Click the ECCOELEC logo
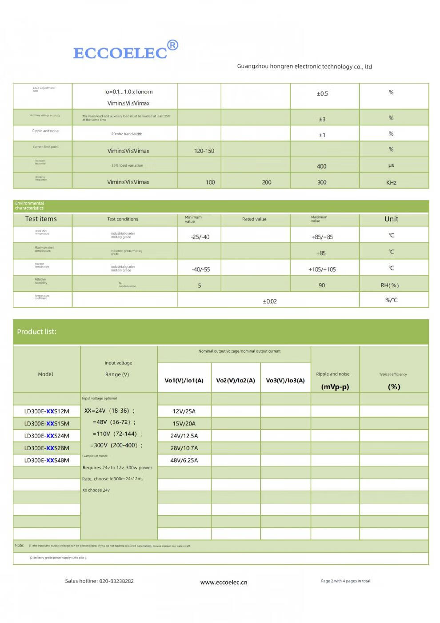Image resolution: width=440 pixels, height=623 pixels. coord(120,53)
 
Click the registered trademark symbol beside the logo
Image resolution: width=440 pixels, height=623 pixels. coord(172,45)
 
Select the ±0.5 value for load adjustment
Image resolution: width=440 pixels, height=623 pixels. coord(322,94)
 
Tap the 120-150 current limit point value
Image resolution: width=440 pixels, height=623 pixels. coord(204,151)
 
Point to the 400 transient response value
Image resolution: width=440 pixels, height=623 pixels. coord(321,166)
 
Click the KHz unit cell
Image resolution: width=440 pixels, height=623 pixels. coord(391,182)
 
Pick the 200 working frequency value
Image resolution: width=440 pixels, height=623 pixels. coord(267,182)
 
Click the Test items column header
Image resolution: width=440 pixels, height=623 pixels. coord(41,219)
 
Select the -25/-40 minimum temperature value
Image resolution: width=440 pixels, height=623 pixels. coord(200,237)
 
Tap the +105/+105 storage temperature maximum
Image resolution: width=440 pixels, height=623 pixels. coord(322,269)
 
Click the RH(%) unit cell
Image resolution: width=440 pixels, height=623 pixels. coord(389,285)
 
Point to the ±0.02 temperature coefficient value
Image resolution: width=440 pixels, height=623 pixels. coord(269,301)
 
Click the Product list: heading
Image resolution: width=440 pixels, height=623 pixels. coord(36,332)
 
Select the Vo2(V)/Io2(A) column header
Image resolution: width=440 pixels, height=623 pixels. coord(236,380)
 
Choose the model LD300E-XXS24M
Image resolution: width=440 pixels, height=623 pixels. coord(47,436)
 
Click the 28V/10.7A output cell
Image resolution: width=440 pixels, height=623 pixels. coord(184,448)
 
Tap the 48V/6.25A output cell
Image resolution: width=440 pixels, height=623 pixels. coord(184,460)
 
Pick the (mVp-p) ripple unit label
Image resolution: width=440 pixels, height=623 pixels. coord(335,387)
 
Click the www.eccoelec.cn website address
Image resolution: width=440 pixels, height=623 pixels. coord(224,582)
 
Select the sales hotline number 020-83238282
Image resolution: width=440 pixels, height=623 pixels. coord(116,581)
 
